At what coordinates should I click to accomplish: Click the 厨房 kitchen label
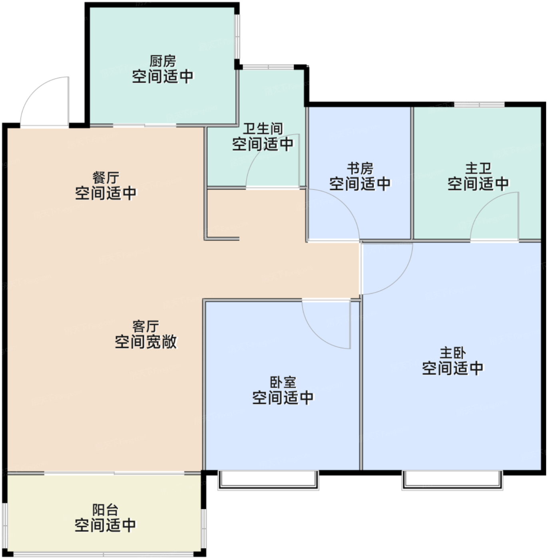point(163,61)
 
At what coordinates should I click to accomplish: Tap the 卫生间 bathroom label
point(263,129)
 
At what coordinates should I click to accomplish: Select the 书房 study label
point(360,168)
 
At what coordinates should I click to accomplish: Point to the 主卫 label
point(478,168)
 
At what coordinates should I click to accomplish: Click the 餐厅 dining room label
point(106,178)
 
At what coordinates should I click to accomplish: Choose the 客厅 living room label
point(145,326)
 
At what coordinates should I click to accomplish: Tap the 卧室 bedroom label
point(283,383)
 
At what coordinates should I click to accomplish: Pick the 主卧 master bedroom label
point(453,353)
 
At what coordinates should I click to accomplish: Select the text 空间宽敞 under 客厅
point(145,342)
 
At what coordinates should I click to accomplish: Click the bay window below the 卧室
point(268,481)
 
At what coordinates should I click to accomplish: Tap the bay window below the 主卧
point(452,481)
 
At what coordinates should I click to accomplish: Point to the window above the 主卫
point(479,105)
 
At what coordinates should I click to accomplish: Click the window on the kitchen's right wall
point(237,37)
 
